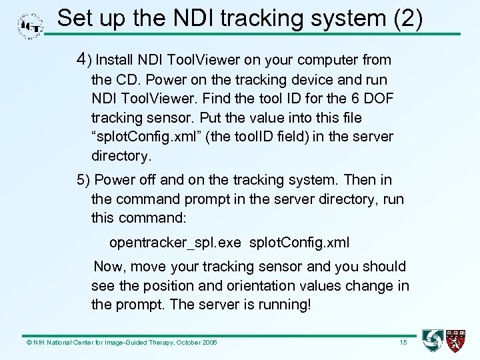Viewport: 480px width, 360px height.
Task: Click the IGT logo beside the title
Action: pos(30,26)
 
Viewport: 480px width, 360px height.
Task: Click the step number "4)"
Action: pos(84,60)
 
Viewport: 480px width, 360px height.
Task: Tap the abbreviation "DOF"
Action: pos(377,99)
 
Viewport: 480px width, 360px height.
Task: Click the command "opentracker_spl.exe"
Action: pos(175,243)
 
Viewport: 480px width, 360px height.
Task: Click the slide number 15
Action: pos(403,343)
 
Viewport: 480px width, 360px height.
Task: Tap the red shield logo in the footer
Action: pos(456,341)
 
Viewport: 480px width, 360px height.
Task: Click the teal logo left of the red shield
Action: pos(433,341)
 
